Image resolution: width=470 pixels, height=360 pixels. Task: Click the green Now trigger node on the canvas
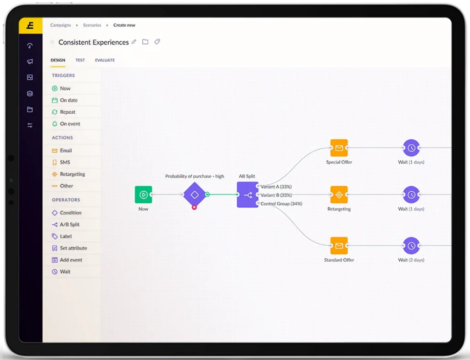pyautogui.click(x=143, y=195)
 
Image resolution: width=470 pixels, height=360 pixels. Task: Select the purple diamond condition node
pyautogui.click(x=195, y=195)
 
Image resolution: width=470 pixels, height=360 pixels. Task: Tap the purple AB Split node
pyautogui.click(x=247, y=195)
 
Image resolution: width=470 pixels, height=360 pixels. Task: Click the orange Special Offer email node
pyautogui.click(x=339, y=148)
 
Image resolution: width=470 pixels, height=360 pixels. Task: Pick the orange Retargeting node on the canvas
pyautogui.click(x=339, y=195)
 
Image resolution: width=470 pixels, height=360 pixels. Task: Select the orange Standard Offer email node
pyautogui.click(x=339, y=246)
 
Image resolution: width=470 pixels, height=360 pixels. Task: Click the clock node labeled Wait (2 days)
pyautogui.click(x=411, y=246)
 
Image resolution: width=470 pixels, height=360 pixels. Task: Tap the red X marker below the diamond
pyautogui.click(x=194, y=207)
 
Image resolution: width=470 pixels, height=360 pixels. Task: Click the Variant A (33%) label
pyautogui.click(x=276, y=187)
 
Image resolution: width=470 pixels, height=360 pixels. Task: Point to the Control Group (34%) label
pyautogui.click(x=281, y=204)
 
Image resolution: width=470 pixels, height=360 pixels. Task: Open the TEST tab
pyautogui.click(x=80, y=60)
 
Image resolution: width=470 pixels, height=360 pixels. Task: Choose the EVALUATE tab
pyautogui.click(x=105, y=60)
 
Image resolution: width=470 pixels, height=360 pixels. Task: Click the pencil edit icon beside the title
pyautogui.click(x=134, y=42)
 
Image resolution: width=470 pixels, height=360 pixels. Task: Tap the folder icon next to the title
pyautogui.click(x=145, y=42)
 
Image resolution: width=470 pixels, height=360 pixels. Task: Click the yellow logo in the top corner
pyautogui.click(x=30, y=26)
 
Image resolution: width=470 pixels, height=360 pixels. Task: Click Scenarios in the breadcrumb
pyautogui.click(x=92, y=25)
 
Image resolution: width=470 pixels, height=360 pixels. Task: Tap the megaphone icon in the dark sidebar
pyautogui.click(x=30, y=61)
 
